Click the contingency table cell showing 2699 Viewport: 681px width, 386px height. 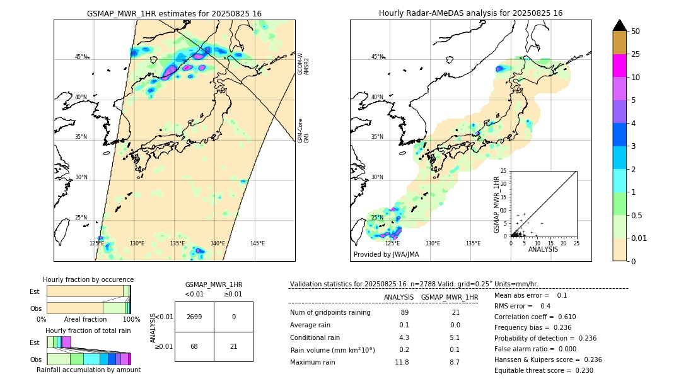[x=194, y=317]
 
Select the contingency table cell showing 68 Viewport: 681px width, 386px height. [x=194, y=346]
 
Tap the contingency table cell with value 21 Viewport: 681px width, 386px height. [x=233, y=346]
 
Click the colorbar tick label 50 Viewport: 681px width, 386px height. [x=636, y=32]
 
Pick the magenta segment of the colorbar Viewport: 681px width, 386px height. [x=619, y=66]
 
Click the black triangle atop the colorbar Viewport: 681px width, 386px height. [x=619, y=25]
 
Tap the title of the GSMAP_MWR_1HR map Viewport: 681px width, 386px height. [x=174, y=13]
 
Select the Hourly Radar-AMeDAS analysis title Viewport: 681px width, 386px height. [x=470, y=13]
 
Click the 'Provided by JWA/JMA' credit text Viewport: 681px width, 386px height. [x=386, y=255]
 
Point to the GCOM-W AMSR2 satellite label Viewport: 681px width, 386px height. [x=303, y=64]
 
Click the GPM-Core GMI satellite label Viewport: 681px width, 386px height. [x=303, y=131]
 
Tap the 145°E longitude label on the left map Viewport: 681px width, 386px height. [x=257, y=243]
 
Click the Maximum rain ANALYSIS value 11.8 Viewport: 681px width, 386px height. [x=402, y=362]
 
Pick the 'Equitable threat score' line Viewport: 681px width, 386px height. [x=544, y=370]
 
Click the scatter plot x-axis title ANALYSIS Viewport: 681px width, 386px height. [x=543, y=249]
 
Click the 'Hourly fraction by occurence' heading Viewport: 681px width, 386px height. [x=88, y=279]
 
